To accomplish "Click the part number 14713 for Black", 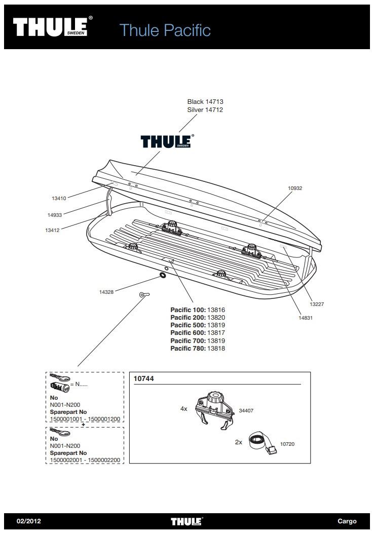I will point(214,102).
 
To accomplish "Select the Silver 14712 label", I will point(205,109).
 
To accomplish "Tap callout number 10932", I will point(295,188).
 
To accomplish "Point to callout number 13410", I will point(59,199).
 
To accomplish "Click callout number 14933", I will point(54,215).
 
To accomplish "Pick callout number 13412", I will point(52,230).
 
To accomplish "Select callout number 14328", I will point(106,291).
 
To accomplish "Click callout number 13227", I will point(317,304).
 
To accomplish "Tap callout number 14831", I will point(306,318).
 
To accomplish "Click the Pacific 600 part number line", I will point(198,333).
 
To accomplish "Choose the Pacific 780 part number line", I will point(198,349).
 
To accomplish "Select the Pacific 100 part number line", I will point(198,310).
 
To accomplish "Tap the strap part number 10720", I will point(287,444).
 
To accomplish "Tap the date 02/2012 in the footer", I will point(28,521).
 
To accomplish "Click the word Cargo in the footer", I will point(347,521).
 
